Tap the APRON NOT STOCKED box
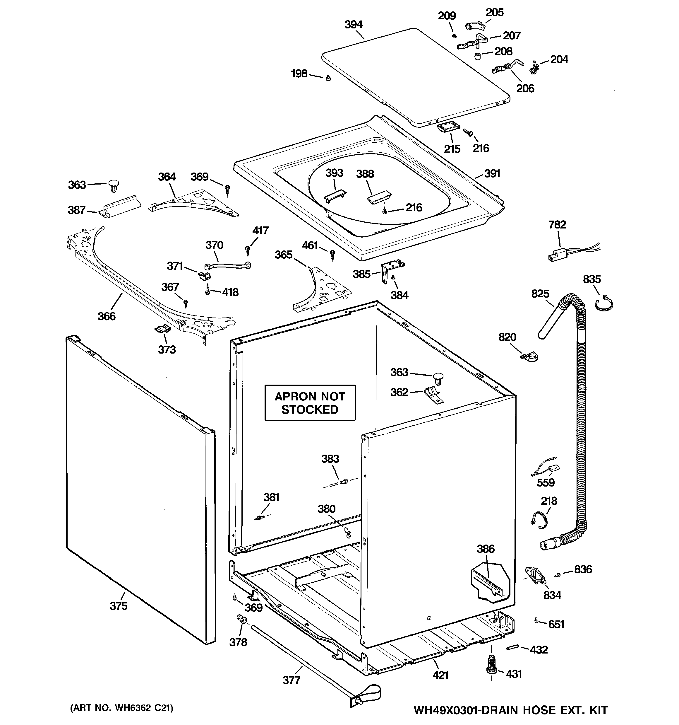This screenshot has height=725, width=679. click(x=310, y=402)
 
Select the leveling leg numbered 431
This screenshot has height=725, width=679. click(x=491, y=670)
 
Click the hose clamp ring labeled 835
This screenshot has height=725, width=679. click(x=604, y=304)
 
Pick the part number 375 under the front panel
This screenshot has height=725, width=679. click(x=119, y=606)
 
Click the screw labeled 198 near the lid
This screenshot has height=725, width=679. click(x=328, y=77)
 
